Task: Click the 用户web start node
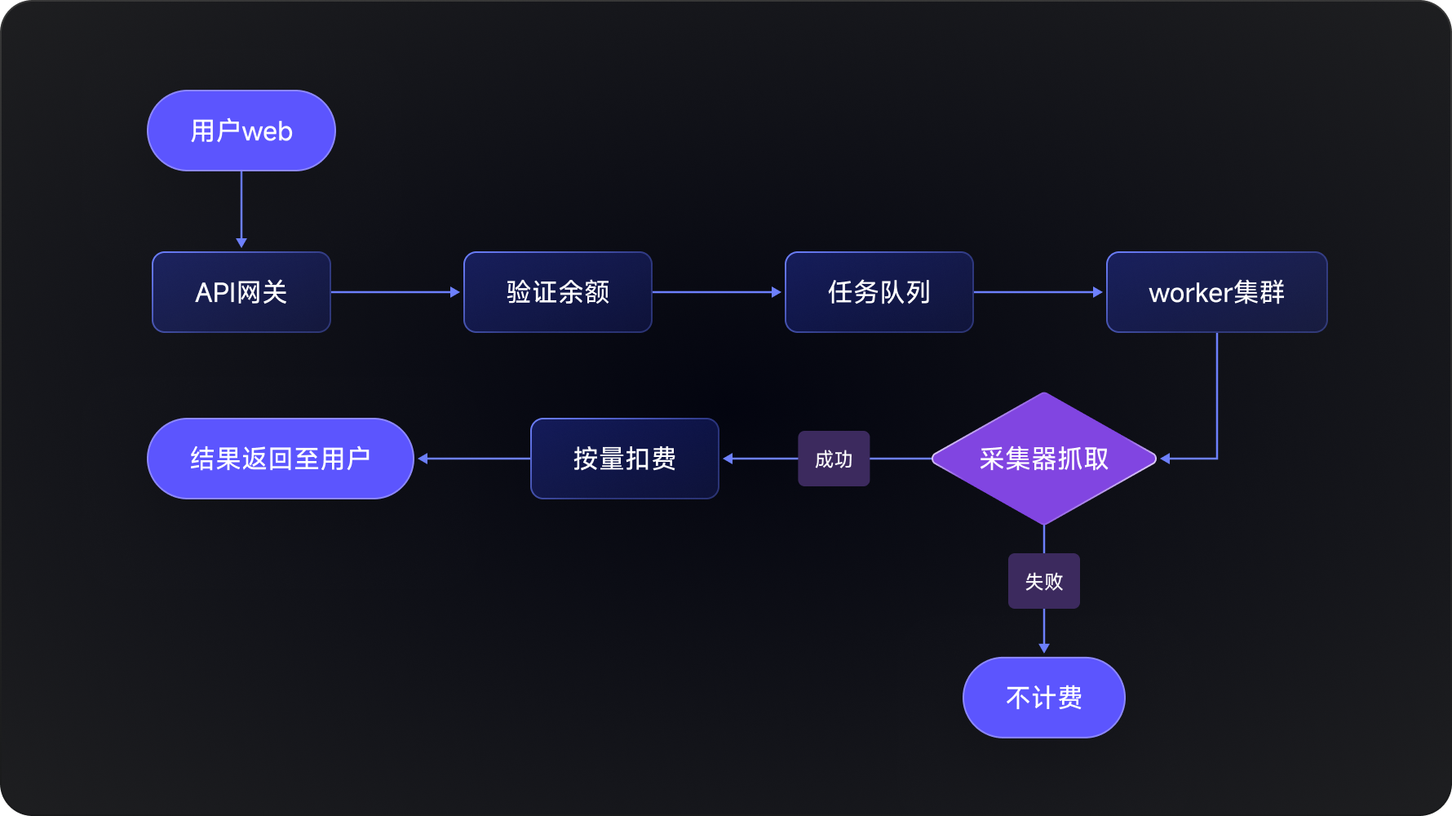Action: click(241, 131)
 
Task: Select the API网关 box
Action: click(241, 292)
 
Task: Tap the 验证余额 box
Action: click(558, 292)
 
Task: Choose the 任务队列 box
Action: click(879, 292)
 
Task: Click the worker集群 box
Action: click(1216, 292)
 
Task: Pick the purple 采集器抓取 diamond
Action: click(1044, 459)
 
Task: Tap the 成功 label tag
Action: click(834, 459)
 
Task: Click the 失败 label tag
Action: click(1044, 581)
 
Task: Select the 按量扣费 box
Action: click(625, 459)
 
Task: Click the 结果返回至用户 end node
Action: click(281, 459)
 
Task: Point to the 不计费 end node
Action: click(1044, 698)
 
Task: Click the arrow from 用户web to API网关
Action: click(241, 208)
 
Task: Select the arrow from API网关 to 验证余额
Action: click(396, 292)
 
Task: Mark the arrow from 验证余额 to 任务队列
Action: click(718, 292)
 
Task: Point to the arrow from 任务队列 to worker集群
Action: click(1038, 292)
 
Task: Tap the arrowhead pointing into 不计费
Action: click(1044, 648)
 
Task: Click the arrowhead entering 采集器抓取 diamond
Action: click(1166, 459)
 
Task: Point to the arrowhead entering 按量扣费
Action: click(728, 459)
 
